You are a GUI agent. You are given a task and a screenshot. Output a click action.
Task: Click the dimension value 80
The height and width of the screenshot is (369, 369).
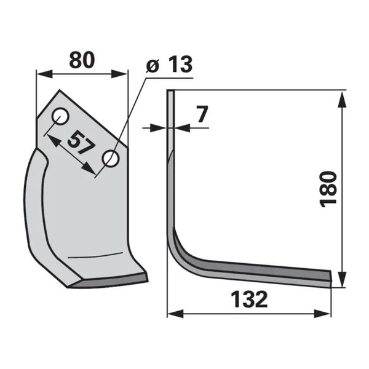pyautogui.click(x=82, y=60)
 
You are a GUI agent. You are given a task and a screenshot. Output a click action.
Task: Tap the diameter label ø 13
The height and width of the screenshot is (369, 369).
pyautogui.click(x=169, y=64)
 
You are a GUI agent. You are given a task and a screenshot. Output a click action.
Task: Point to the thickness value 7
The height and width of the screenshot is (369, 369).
pyautogui.click(x=202, y=114)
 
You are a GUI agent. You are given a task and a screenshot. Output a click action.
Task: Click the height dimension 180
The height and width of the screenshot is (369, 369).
pyautogui.click(x=328, y=189)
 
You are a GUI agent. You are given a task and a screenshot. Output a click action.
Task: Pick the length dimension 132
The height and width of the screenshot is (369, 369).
pyautogui.click(x=250, y=300)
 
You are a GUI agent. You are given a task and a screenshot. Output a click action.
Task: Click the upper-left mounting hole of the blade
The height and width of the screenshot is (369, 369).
pyautogui.click(x=60, y=116)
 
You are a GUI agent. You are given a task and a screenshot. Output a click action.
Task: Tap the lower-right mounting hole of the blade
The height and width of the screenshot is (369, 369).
pyautogui.click(x=111, y=159)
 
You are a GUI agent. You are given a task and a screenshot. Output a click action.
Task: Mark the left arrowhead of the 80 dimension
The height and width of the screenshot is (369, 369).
pyautogui.click(x=44, y=74)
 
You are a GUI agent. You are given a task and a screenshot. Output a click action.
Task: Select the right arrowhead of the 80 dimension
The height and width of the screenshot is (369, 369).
pyautogui.click(x=119, y=74)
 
